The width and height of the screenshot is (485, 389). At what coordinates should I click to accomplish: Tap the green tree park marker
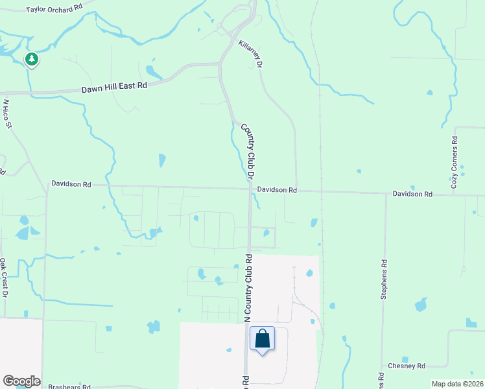click(31, 60)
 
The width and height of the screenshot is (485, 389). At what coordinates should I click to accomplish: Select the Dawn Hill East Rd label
click(115, 87)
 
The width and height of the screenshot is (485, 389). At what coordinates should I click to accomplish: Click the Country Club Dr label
click(246, 152)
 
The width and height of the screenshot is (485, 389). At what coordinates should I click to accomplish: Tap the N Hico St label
click(7, 113)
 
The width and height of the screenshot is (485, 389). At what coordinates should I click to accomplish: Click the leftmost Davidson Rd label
click(71, 184)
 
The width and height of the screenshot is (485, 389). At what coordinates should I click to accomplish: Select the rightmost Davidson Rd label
click(412, 194)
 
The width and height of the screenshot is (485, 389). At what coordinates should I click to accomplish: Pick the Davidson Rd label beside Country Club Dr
click(276, 190)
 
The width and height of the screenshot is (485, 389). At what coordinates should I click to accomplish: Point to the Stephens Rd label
click(384, 279)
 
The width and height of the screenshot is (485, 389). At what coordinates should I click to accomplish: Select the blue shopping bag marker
click(262, 339)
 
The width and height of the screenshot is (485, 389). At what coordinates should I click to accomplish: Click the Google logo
click(21, 381)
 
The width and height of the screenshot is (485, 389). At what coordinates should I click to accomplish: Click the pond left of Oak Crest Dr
click(23, 233)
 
